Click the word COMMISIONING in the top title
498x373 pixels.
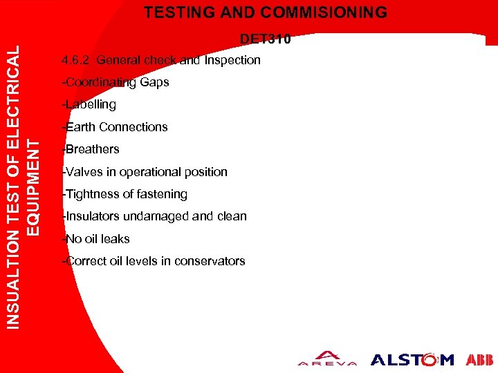pos(328,12)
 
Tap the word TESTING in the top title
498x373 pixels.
pos(183,12)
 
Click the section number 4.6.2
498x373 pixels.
pos(76,60)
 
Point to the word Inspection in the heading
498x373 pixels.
pos(232,60)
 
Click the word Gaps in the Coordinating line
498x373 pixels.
pos(154,82)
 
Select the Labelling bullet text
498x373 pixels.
pos(90,104)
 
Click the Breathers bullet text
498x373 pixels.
pos(92,149)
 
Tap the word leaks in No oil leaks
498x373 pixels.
pos(116,239)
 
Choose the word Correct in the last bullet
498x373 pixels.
pos(84,261)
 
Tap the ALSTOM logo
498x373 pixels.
pos(412,359)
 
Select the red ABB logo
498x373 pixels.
pos(479,359)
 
